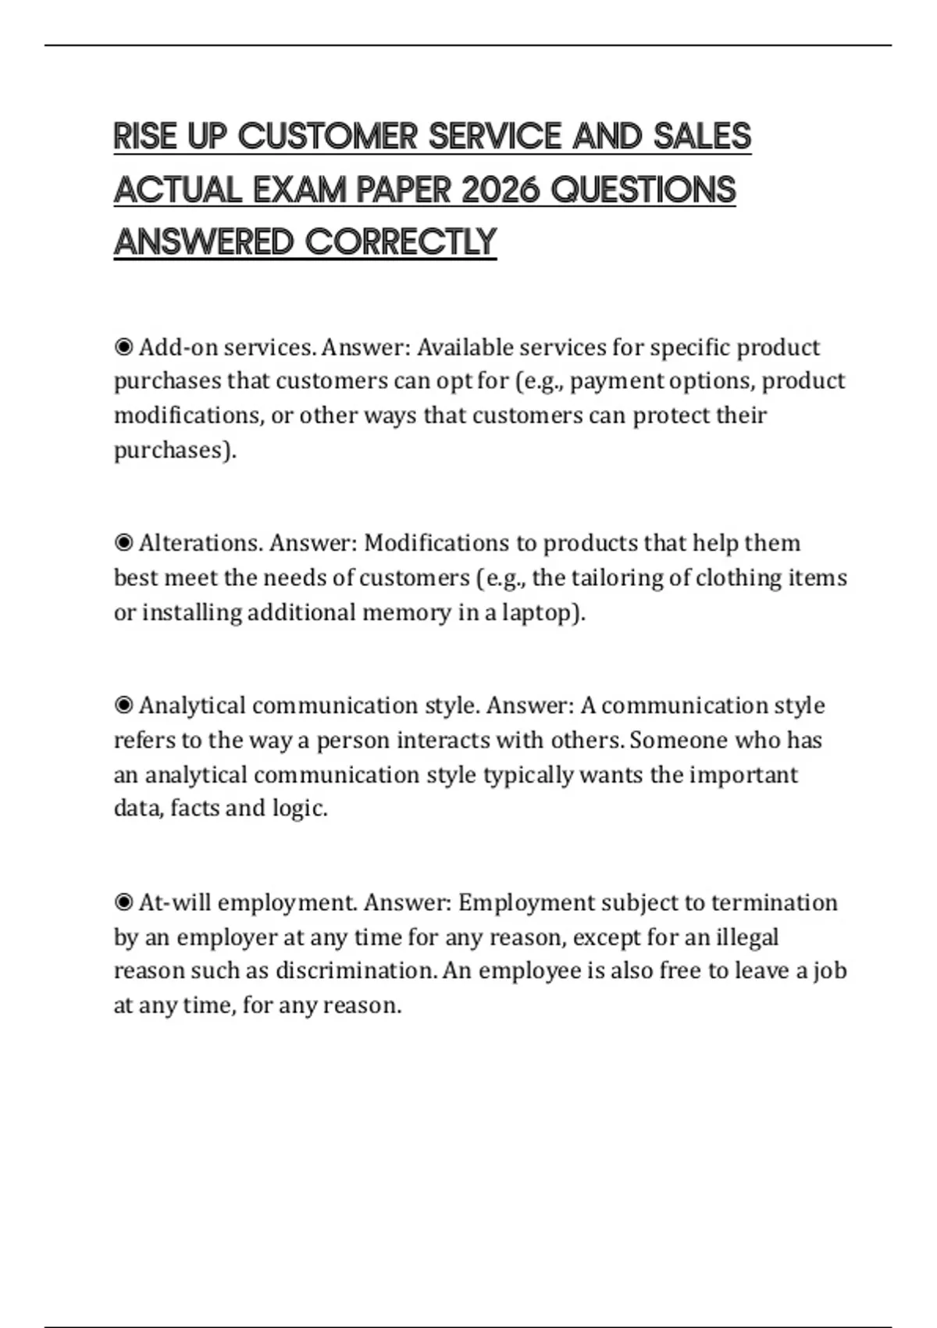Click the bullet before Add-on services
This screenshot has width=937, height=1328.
click(x=123, y=347)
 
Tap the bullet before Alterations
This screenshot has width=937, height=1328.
click(x=123, y=543)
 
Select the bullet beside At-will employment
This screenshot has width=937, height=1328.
click(x=123, y=902)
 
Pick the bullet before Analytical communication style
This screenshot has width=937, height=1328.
click(x=123, y=705)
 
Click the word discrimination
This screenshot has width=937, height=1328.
click(x=354, y=971)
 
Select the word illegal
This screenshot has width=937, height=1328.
click(x=747, y=937)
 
